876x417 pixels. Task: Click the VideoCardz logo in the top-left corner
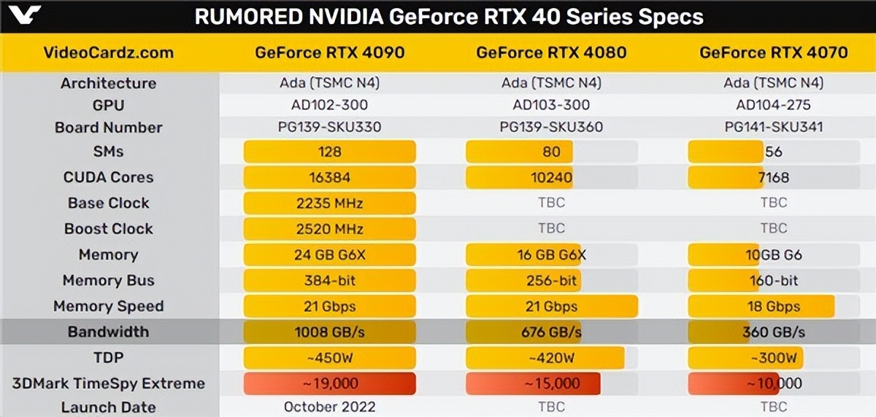click(22, 15)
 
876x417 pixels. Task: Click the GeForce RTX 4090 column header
click(329, 52)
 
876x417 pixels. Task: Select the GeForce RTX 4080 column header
click(551, 52)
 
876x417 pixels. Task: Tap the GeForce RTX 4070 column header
click(773, 52)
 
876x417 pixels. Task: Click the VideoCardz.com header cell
click(109, 52)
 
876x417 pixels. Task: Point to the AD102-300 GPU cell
click(329, 104)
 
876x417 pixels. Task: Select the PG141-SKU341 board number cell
click(773, 128)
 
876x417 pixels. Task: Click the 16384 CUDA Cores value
click(329, 177)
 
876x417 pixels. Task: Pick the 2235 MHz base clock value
click(329, 203)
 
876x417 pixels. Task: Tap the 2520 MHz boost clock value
click(329, 229)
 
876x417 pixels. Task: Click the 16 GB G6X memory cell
click(551, 254)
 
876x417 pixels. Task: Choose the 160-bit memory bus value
click(773, 281)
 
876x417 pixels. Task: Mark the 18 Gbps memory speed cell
click(773, 306)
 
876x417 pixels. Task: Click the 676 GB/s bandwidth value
click(551, 332)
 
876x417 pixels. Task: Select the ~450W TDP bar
click(329, 358)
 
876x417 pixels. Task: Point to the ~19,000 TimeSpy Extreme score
click(329, 383)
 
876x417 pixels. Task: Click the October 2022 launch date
click(329, 408)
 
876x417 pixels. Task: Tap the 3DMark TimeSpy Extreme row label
click(109, 383)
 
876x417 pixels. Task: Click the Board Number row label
click(109, 128)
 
